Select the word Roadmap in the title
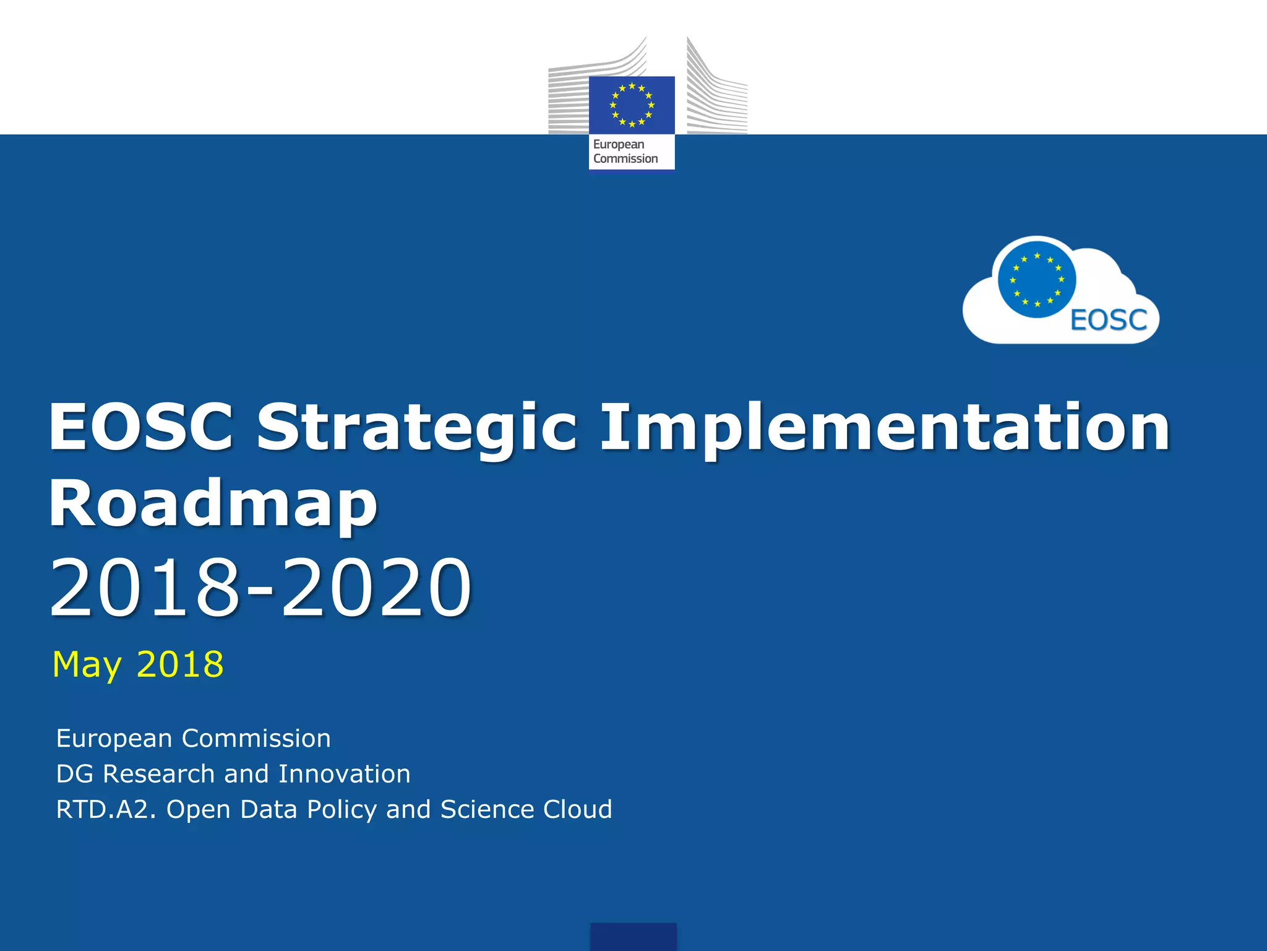(213, 503)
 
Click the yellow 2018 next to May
(179, 664)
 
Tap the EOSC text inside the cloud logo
(1109, 320)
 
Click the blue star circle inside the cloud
(1037, 280)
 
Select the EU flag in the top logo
(632, 105)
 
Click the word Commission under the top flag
(625, 158)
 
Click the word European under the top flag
(619, 144)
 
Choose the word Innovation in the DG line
(344, 774)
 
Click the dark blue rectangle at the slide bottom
(633, 936)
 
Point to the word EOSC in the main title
(141, 427)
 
